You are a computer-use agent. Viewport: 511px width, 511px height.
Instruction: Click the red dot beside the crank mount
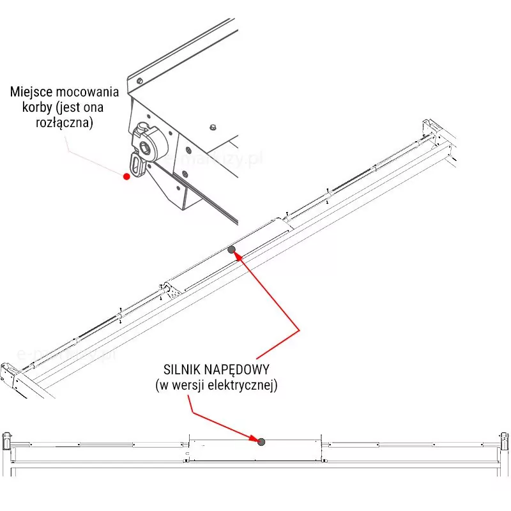tap(126, 176)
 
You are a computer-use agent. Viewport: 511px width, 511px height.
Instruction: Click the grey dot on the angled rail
tap(231, 250)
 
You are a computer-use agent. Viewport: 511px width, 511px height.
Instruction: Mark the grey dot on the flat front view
tap(261, 441)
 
